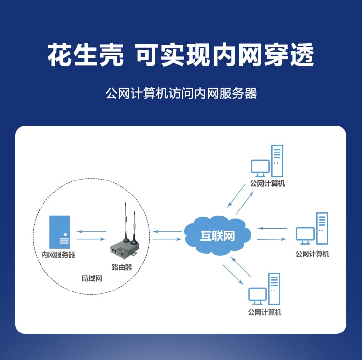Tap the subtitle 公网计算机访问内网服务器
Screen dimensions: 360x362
point(181,94)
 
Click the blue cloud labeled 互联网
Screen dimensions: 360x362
point(218,235)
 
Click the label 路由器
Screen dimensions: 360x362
point(122,267)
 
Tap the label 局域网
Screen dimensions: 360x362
point(92,278)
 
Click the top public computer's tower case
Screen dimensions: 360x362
point(277,161)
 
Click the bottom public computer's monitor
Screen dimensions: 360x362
point(257,294)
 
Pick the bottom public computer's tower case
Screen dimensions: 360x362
point(274,289)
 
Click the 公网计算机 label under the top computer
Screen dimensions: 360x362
point(267,184)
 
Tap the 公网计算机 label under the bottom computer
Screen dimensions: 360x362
point(265,312)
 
